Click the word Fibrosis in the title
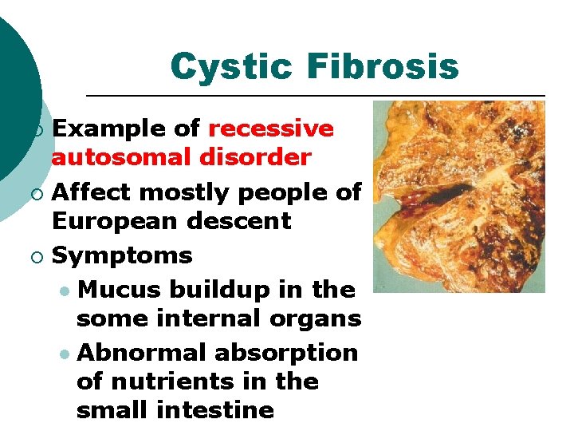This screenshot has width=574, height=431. pyautogui.click(x=383, y=66)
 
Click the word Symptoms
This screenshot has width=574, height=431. pyautogui.click(x=122, y=256)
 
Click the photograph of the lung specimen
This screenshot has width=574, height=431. pyautogui.click(x=458, y=196)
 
